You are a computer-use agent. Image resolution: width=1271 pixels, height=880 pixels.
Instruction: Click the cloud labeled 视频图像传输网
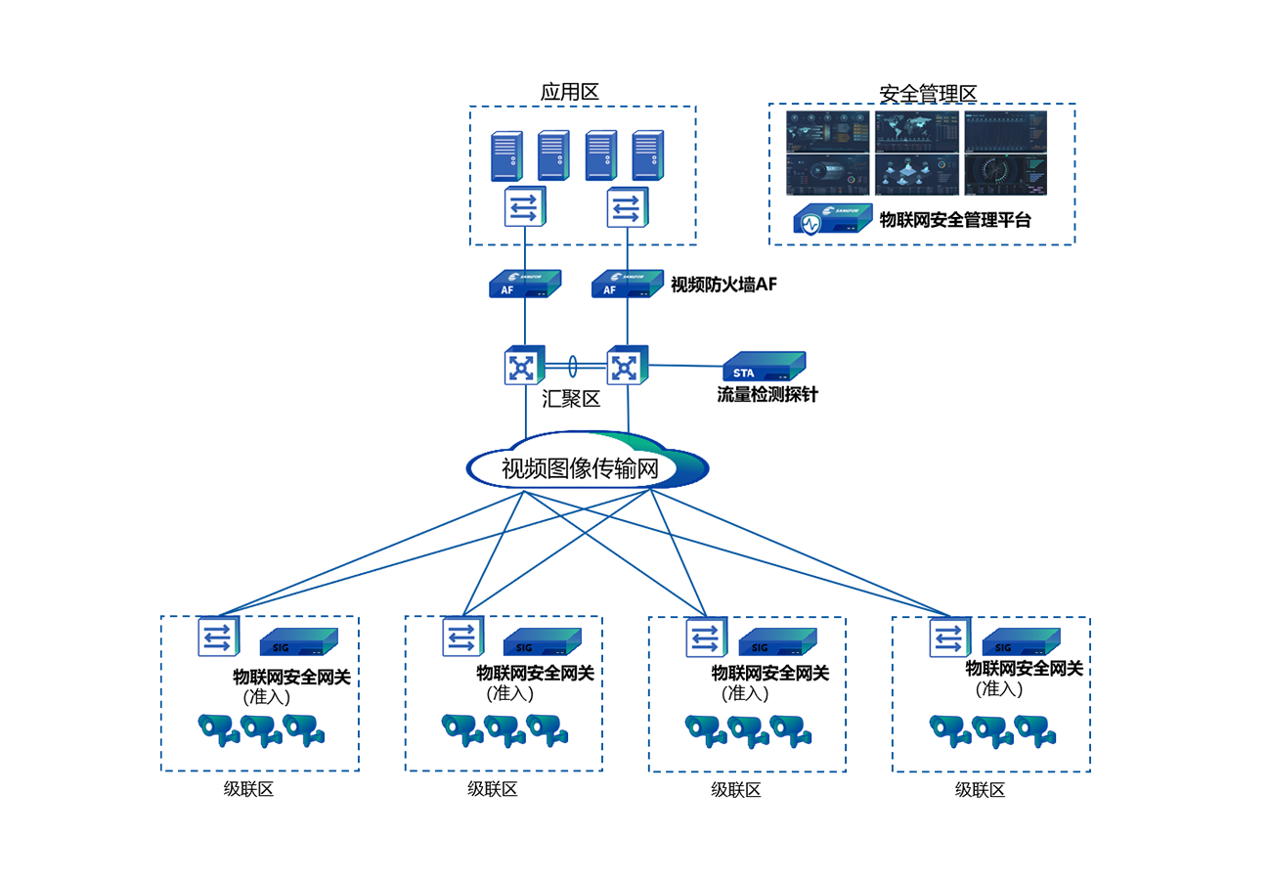587,468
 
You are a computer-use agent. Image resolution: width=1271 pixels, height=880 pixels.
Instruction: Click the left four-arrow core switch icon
523,368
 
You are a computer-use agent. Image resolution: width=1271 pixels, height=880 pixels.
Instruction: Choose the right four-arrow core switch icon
624,368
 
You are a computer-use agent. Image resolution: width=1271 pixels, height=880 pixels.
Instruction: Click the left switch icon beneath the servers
523,208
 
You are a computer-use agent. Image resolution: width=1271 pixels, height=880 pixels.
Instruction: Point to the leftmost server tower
505,154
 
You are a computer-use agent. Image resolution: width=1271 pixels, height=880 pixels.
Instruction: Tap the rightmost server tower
645,154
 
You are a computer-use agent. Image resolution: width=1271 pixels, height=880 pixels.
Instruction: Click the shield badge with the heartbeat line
810,227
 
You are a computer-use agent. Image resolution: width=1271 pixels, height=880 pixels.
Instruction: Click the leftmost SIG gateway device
298,642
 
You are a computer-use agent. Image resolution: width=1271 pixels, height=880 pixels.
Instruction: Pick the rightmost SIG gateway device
1031,642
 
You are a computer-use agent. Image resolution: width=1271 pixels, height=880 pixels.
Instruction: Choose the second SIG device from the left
543,642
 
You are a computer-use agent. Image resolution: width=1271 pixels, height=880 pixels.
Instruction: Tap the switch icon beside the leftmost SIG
215,638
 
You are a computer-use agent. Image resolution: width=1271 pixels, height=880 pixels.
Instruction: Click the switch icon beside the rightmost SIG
948,638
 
